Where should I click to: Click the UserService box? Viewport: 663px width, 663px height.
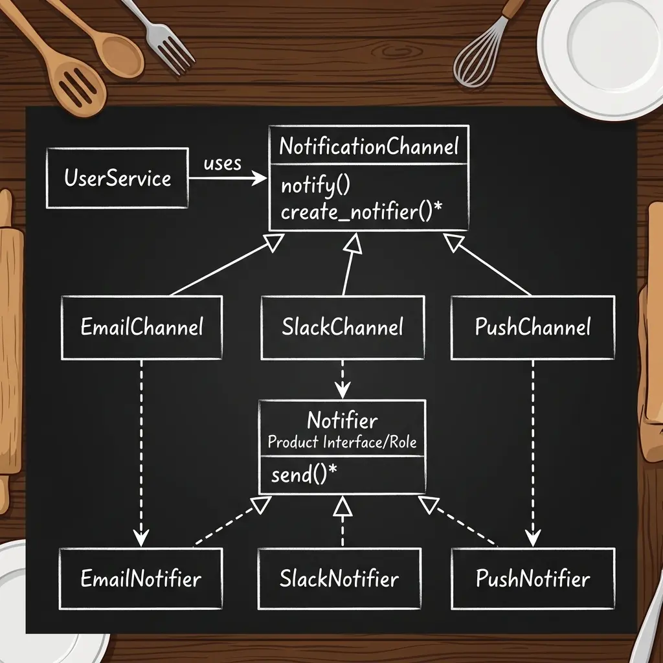117,178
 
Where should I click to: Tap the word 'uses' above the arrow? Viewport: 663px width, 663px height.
223,164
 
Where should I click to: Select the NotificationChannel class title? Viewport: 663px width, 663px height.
368,146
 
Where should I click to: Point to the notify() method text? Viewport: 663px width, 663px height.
315,186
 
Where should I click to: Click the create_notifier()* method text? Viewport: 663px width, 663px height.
361,212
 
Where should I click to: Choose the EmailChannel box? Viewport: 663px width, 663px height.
142,328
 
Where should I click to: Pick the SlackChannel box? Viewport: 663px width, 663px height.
343,328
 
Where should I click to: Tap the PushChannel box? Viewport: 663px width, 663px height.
533,328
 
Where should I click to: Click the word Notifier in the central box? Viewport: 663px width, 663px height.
343,420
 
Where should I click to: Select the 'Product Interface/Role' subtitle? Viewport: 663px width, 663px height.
343,442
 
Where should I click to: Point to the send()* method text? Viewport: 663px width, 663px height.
304,475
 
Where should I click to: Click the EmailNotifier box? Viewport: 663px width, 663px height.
140,579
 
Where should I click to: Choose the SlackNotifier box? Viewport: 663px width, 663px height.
339,579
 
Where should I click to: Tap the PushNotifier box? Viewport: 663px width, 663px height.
533,579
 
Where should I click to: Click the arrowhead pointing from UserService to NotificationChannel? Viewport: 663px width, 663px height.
260,178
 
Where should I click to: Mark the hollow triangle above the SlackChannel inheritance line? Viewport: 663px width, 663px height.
354,244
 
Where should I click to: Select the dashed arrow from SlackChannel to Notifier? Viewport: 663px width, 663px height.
343,379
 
